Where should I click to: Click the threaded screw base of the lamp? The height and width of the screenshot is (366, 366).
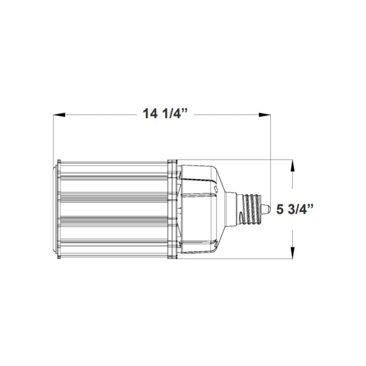(x=253, y=209)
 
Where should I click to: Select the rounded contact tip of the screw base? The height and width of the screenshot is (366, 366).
(x=266, y=209)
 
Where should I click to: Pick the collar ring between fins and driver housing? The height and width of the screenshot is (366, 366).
(x=173, y=209)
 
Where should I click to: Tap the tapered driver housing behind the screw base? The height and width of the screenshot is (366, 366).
(x=201, y=209)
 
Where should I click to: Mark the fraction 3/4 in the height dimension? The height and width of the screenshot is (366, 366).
(x=300, y=209)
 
